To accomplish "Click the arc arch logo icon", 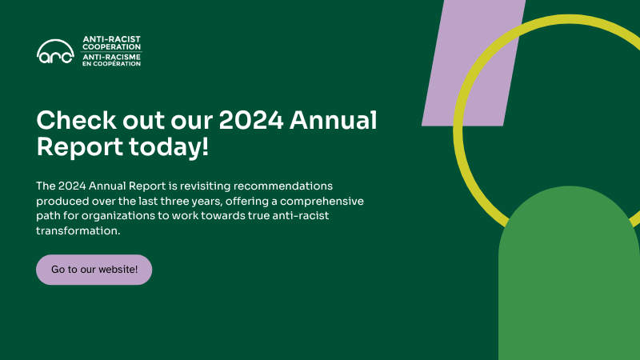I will pyautogui.click(x=55, y=51).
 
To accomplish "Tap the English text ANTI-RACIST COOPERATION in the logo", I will pyautogui.click(x=111, y=43).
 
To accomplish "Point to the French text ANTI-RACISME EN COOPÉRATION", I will pyautogui.click(x=111, y=60).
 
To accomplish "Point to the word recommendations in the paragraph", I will pyautogui.click(x=286, y=186).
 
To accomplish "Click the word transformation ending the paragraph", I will pyautogui.click(x=78, y=231).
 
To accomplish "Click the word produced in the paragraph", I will pyautogui.click(x=59, y=201).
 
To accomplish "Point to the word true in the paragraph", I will pyautogui.click(x=282, y=216).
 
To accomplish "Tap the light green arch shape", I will pyautogui.click(x=568, y=280).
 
